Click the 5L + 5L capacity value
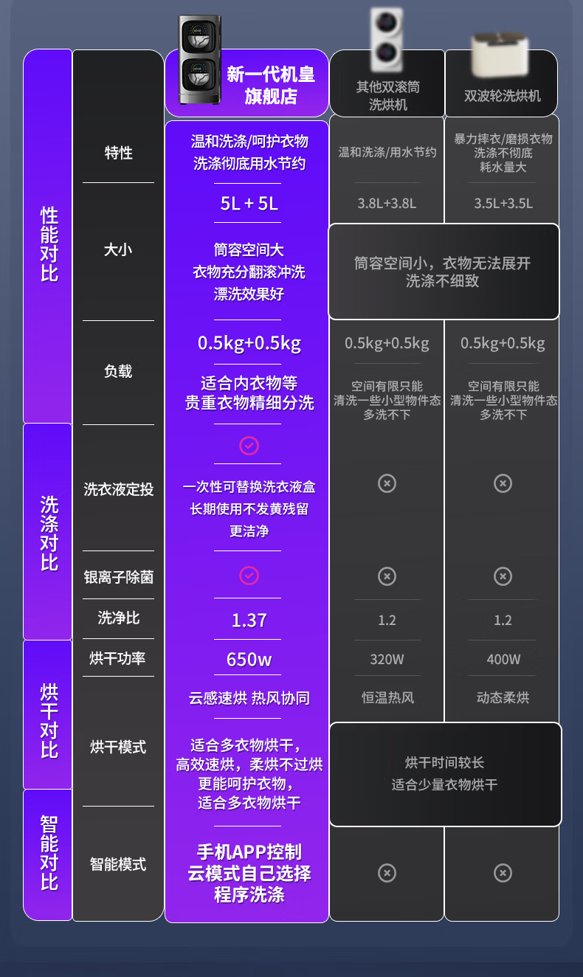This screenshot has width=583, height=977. click(x=249, y=203)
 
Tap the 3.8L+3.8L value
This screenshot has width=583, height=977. click(x=387, y=203)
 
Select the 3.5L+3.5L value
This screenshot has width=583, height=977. click(x=503, y=203)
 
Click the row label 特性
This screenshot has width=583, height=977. click(x=118, y=153)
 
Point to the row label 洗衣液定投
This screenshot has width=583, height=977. click(x=118, y=488)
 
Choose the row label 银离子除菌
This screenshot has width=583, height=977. click(x=118, y=576)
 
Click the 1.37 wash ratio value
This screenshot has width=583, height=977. click(x=249, y=620)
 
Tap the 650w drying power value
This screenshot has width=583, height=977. click(x=249, y=659)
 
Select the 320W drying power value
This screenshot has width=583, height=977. click(x=387, y=659)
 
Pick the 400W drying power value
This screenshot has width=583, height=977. click(x=503, y=659)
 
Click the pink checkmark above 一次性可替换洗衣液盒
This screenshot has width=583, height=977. click(x=249, y=446)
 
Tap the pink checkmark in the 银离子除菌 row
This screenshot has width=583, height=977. click(x=249, y=576)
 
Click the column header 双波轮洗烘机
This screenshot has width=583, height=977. click(x=502, y=96)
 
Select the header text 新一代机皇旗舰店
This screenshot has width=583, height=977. click(x=270, y=85)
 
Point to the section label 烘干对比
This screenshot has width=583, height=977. click(x=49, y=720)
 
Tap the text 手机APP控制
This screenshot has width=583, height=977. click(x=249, y=852)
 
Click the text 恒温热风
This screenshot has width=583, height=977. click(x=387, y=697)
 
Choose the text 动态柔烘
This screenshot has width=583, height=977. click(x=503, y=697)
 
